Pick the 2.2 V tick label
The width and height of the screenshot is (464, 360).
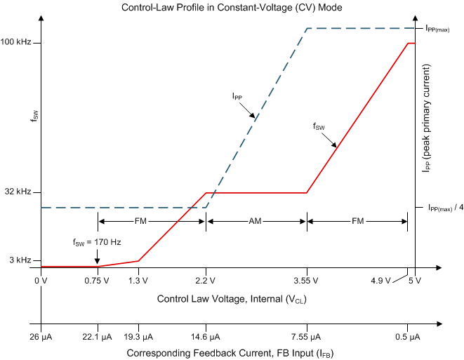(x=206, y=281)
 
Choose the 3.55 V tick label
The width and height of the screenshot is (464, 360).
(x=306, y=281)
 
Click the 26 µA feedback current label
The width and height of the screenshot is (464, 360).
(x=41, y=338)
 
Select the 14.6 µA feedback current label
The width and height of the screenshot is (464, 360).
(x=206, y=338)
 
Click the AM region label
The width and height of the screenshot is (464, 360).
(x=256, y=221)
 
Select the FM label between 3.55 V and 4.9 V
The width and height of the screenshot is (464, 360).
(x=357, y=221)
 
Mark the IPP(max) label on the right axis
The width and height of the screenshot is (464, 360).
(x=437, y=29)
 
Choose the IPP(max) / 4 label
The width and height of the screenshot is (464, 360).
(x=441, y=208)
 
